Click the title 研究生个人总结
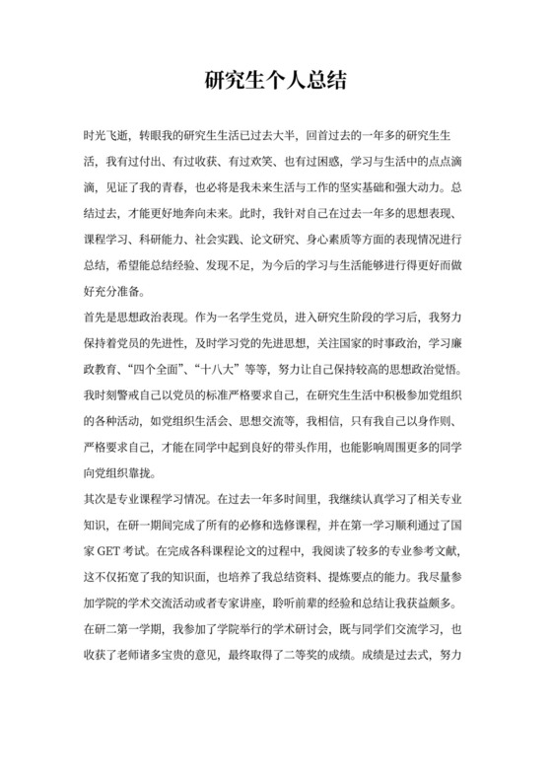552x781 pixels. (275, 80)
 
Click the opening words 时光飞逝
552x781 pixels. (107, 132)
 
